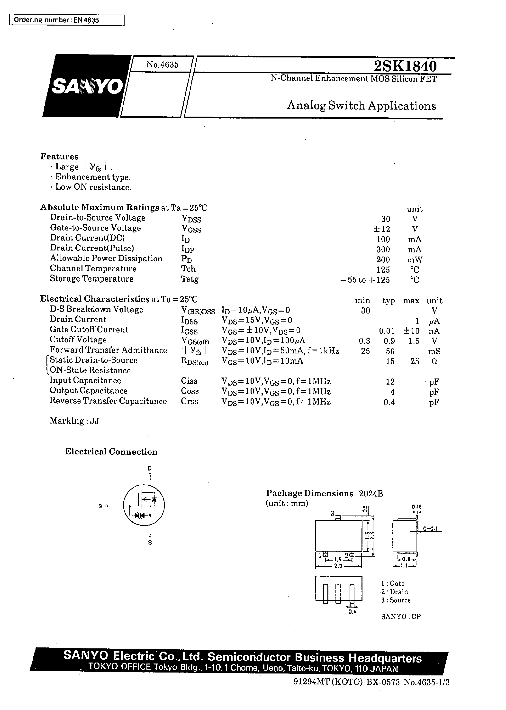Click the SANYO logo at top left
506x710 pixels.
(87, 86)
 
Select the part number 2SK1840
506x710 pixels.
(405, 66)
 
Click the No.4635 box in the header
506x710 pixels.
(162, 65)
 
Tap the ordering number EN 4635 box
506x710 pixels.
(66, 20)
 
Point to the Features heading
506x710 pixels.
(59, 157)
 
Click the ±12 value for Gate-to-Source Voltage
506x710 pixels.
(382, 229)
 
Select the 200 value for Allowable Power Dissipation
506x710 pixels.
(383, 260)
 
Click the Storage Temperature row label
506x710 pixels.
(92, 279)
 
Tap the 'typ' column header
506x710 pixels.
(389, 301)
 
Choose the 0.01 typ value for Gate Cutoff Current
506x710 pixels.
(387, 331)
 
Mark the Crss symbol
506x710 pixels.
(190, 401)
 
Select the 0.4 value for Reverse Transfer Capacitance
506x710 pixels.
(389, 402)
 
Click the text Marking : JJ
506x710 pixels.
(74, 421)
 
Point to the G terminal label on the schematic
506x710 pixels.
(100, 507)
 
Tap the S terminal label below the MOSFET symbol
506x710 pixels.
(150, 543)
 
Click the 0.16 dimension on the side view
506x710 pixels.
(416, 507)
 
